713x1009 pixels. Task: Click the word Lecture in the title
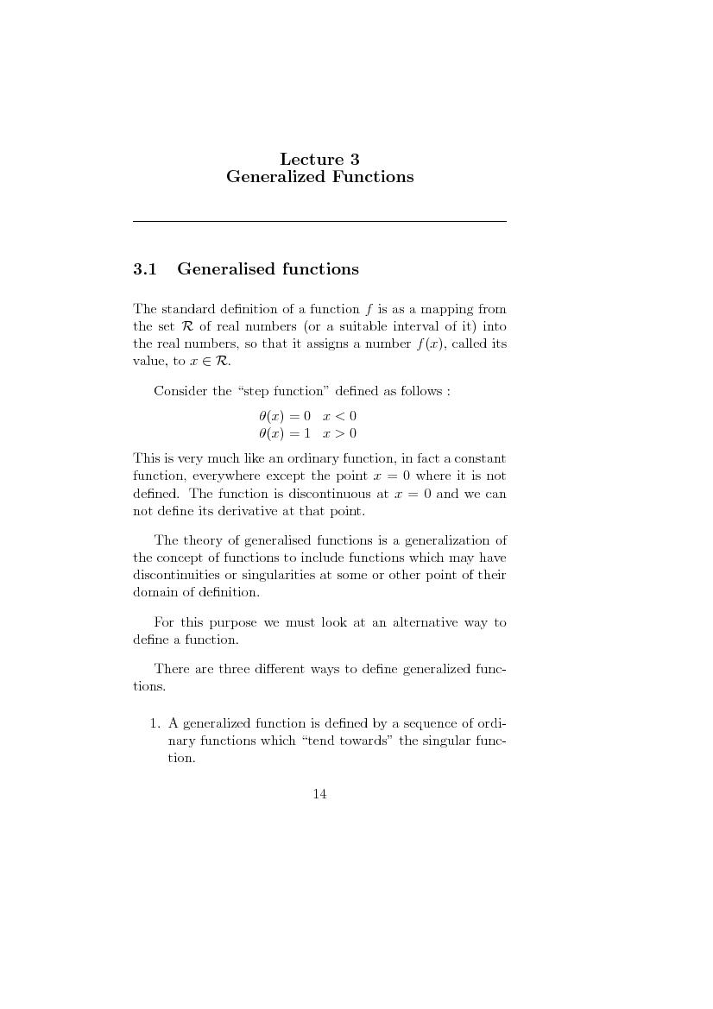[x=307, y=159]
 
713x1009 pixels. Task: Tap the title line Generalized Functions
[x=319, y=177]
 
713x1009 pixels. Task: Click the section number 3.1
[x=144, y=269]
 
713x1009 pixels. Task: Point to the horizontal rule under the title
[x=319, y=222]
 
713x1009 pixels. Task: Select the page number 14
[x=319, y=794]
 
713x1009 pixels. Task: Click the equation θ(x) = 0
[x=284, y=416]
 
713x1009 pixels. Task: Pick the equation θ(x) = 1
[x=284, y=433]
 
